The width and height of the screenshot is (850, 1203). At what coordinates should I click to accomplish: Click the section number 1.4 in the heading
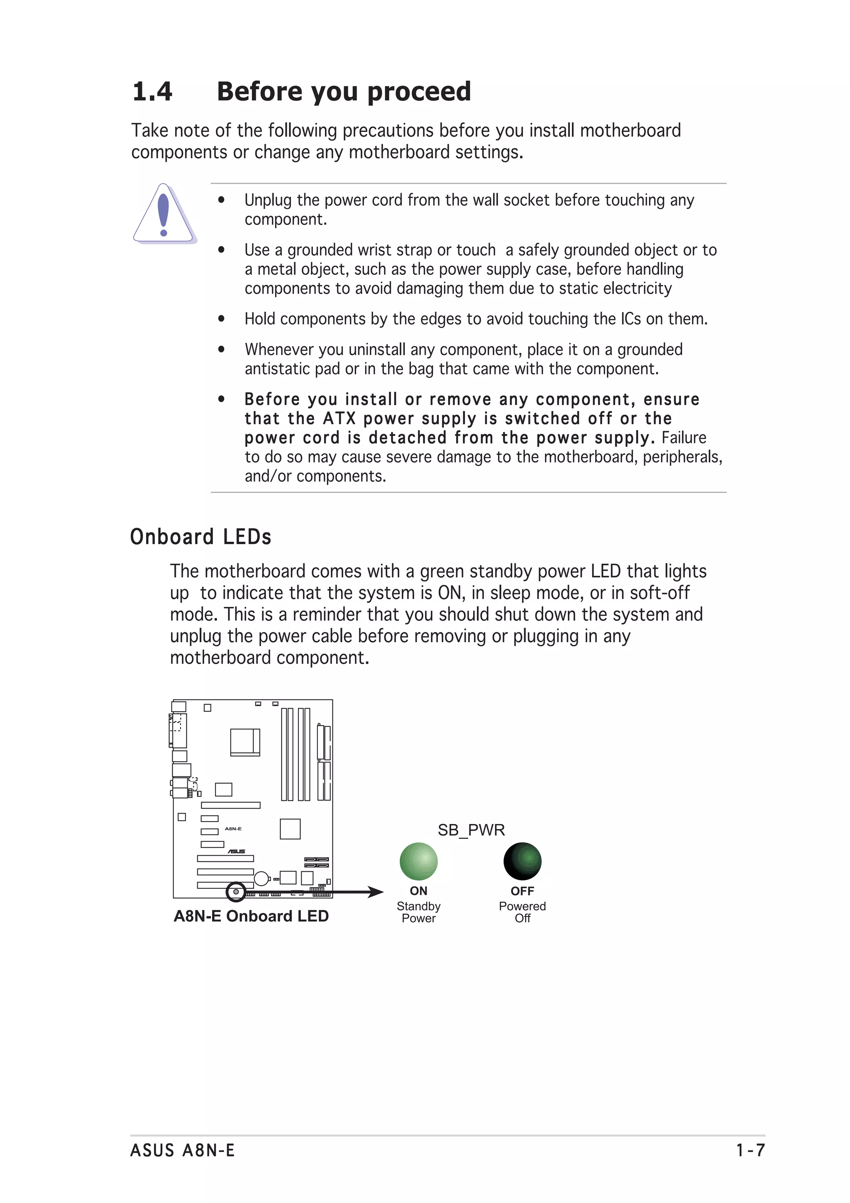pyautogui.click(x=152, y=92)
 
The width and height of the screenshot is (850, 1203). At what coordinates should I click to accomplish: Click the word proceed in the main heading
pyautogui.click(x=418, y=92)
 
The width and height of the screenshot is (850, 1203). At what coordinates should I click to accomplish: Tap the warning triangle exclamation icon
pyautogui.click(x=164, y=214)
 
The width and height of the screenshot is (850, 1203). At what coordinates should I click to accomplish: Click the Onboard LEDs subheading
pyautogui.click(x=200, y=537)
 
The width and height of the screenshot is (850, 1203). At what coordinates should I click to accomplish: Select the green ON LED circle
pyautogui.click(x=418, y=861)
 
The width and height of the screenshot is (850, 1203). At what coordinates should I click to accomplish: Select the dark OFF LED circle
pyautogui.click(x=522, y=861)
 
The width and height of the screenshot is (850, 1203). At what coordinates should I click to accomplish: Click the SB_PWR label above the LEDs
pyautogui.click(x=471, y=830)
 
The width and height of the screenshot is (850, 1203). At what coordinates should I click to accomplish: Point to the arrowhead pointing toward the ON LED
pyautogui.click(x=376, y=892)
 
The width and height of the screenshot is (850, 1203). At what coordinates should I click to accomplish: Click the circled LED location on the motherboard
pyautogui.click(x=236, y=892)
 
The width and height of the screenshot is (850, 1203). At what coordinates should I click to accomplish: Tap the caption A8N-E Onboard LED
pyautogui.click(x=251, y=917)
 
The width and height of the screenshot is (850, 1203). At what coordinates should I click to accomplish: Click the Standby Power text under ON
pyautogui.click(x=418, y=912)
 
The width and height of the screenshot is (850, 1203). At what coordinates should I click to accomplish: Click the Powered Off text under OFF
pyautogui.click(x=522, y=912)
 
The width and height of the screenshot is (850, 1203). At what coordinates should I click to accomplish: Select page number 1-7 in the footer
pyautogui.click(x=750, y=1151)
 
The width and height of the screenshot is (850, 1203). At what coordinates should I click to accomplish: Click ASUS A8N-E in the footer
pyautogui.click(x=182, y=1151)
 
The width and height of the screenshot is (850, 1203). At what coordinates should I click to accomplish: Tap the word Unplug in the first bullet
pyautogui.click(x=268, y=200)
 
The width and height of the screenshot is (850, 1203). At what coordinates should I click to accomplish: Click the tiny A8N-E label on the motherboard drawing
pyautogui.click(x=233, y=829)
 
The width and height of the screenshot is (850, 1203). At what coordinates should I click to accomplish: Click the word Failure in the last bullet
pyautogui.click(x=684, y=438)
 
